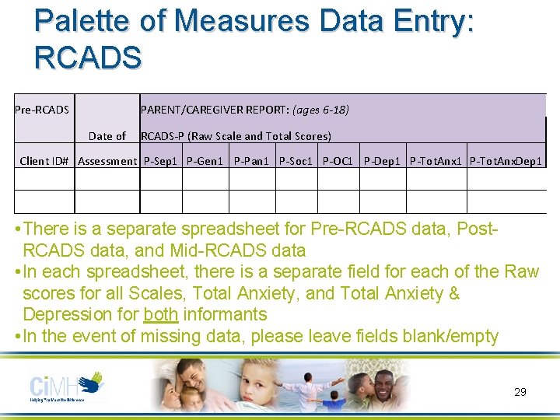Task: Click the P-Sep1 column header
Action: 161,161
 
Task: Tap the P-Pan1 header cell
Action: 251,161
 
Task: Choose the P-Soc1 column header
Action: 296,161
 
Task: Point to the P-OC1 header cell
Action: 338,161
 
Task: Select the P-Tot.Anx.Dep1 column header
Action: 506,161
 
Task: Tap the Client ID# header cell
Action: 44,161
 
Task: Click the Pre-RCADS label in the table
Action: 42,110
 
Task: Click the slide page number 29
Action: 520,392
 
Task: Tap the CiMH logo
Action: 66,387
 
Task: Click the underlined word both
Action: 161,315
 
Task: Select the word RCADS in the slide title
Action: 88,57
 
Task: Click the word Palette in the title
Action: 83,21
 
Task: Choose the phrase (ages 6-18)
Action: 320,110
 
